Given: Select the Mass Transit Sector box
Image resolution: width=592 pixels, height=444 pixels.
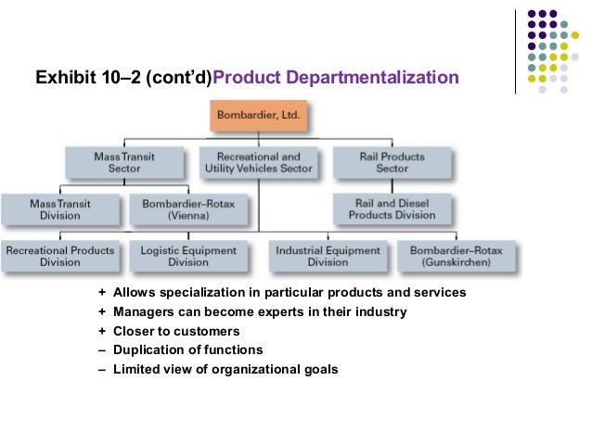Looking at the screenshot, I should (x=123, y=162).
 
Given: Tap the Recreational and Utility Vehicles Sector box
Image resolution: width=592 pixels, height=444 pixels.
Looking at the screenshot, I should (x=258, y=162).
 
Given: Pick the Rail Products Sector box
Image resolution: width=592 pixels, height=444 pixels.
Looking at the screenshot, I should (x=392, y=162).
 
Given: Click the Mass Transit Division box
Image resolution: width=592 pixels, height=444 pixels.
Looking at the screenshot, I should (x=55, y=208).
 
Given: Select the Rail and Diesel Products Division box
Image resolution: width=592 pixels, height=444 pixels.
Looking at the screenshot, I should (x=392, y=208).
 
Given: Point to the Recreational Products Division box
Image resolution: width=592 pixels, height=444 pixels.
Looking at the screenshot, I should (x=60, y=255).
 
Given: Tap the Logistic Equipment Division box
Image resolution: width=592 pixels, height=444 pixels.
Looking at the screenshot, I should (x=188, y=255).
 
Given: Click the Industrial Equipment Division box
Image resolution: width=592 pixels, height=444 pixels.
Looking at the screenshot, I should (x=328, y=255).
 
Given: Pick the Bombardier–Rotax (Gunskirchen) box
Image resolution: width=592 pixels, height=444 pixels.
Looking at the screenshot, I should (x=456, y=255).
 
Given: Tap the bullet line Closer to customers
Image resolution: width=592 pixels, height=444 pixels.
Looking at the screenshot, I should (x=176, y=331).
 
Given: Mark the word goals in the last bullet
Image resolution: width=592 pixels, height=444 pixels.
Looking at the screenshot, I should (x=321, y=370).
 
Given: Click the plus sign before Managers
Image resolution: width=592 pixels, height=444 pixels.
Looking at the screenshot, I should (x=102, y=312).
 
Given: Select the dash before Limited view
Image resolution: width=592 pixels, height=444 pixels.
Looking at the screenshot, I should (x=102, y=370).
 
